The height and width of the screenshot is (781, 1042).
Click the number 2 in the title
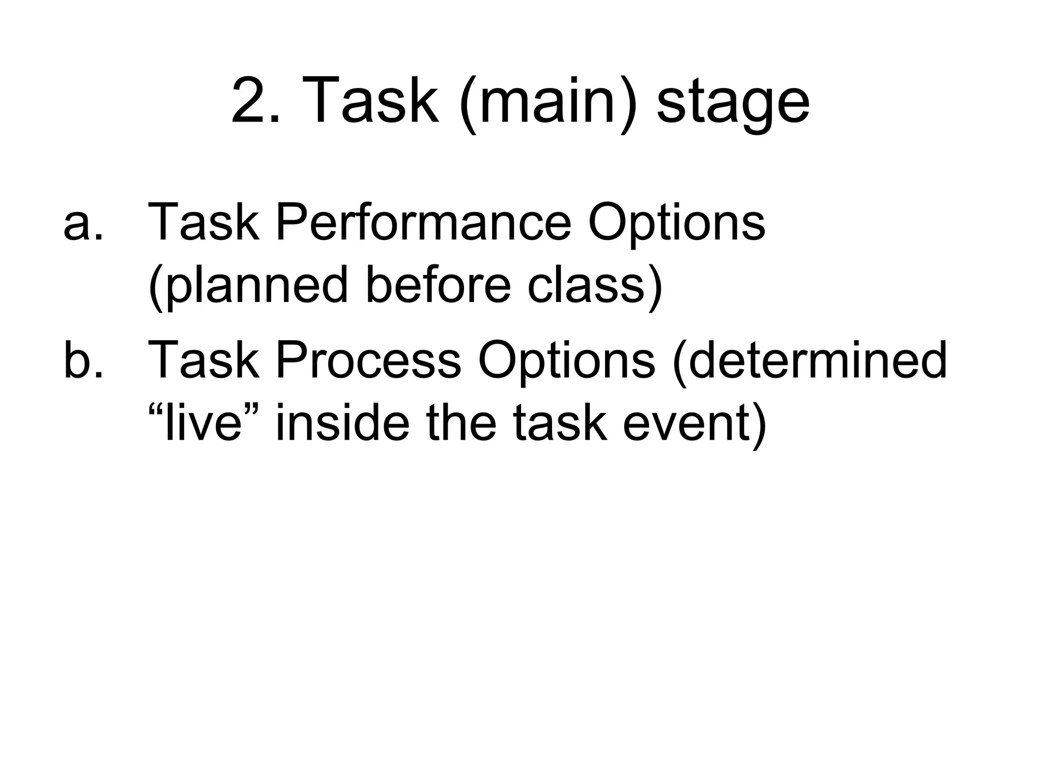coord(251,100)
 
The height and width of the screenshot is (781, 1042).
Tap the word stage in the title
coord(733,104)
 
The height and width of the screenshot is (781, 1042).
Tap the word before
coord(438,285)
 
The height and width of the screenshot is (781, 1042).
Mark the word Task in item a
coord(203,223)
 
